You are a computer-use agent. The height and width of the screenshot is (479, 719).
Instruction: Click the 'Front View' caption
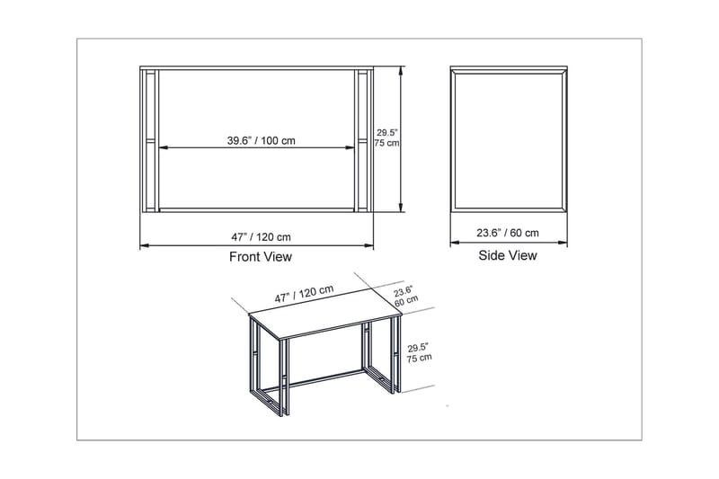tap(261, 257)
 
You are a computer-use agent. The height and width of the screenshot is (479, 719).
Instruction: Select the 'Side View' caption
tap(508, 255)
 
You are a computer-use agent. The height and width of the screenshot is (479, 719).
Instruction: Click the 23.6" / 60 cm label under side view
tap(508, 233)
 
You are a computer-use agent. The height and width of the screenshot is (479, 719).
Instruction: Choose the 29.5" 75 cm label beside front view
tap(386, 137)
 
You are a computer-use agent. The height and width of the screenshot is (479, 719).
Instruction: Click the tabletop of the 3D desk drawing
tap(324, 320)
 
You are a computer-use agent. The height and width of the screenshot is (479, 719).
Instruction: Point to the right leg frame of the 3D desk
tap(382, 359)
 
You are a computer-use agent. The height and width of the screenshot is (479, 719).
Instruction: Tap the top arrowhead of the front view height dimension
tap(399, 69)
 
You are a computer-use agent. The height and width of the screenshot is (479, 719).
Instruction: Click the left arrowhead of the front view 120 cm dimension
tap(142, 245)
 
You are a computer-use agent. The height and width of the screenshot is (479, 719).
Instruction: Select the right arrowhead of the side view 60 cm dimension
tap(566, 244)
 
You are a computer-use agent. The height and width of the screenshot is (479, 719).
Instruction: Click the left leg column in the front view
tap(150, 139)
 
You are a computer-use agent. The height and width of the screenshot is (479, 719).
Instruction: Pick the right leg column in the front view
tap(364, 139)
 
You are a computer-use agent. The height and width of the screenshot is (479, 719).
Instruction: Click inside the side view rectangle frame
tap(508, 139)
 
